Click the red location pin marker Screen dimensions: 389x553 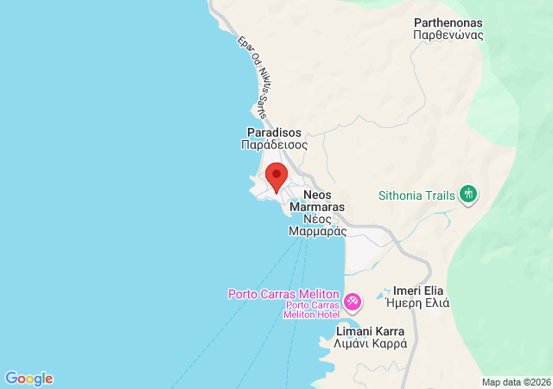tap(276, 176)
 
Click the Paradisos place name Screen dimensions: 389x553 tap(274, 132)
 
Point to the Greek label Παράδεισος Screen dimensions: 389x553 tap(274, 145)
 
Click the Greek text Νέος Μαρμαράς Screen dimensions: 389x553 tap(318, 225)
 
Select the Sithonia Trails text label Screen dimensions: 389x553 tap(416, 194)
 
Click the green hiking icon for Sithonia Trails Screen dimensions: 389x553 tap(468, 194)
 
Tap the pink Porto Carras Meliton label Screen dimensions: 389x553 tap(283, 294)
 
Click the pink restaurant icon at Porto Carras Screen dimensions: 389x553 tap(353, 302)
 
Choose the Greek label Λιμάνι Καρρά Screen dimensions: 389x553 tap(370, 343)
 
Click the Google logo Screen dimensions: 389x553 tap(29, 379)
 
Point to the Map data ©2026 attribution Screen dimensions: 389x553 tap(515, 382)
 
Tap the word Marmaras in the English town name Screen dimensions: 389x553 tap(318, 207)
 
